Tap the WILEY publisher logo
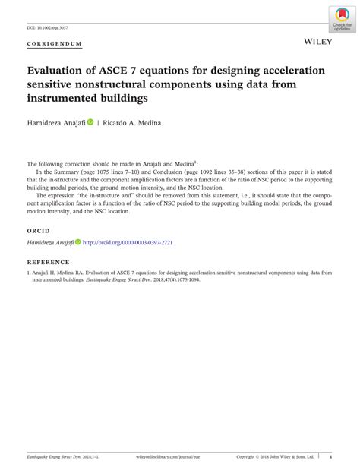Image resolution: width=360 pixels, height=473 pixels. point(317,36)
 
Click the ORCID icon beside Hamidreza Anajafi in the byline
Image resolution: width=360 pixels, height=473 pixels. point(90,121)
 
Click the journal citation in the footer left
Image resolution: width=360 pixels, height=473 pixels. point(58,457)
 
